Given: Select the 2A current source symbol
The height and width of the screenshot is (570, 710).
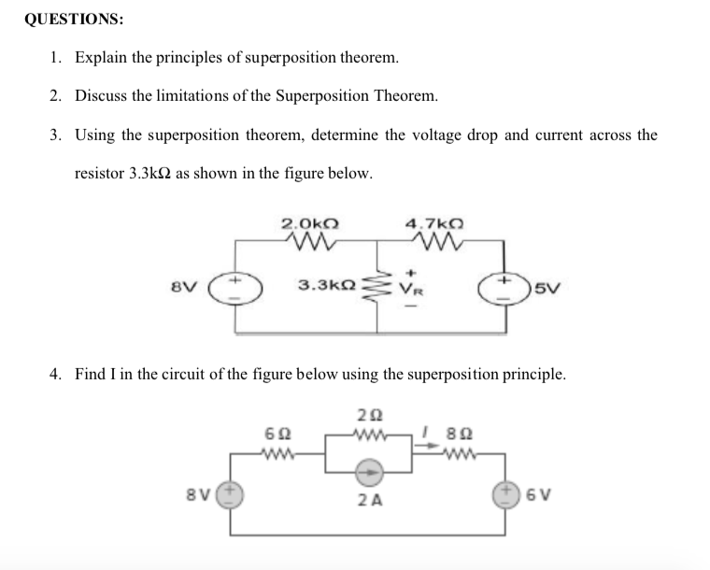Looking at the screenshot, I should [x=368, y=473].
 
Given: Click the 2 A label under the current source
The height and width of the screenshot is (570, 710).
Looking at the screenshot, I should [x=368, y=500].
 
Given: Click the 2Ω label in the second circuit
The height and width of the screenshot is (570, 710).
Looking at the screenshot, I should [x=367, y=415].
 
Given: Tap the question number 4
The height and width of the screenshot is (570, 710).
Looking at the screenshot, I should [x=56, y=374].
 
